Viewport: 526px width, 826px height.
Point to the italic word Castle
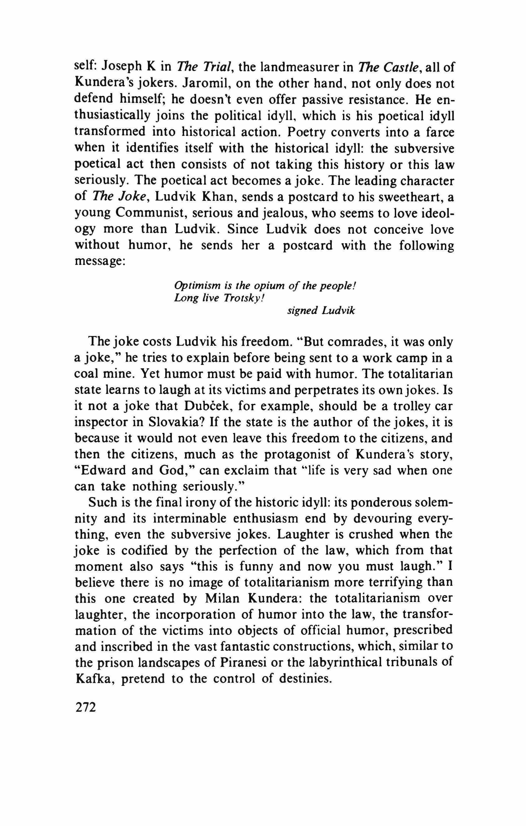pos(402,66)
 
